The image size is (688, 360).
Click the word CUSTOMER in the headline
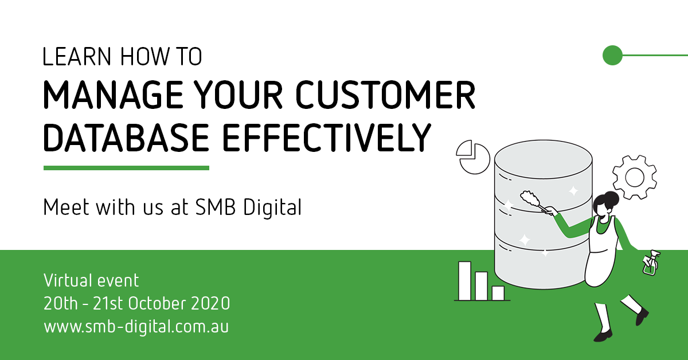(x=385, y=95)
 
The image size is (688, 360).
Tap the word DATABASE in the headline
(x=126, y=138)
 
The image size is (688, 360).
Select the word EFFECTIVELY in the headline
(x=327, y=138)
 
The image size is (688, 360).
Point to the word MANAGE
(x=113, y=95)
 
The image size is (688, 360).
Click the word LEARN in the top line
(x=77, y=57)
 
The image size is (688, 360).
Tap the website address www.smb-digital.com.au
(x=136, y=326)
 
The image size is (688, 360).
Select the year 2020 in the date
(x=210, y=303)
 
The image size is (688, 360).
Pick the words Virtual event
(x=91, y=280)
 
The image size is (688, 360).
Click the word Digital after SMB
(x=272, y=208)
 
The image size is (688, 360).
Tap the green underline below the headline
(x=126, y=168)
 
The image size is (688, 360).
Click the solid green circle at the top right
(x=612, y=55)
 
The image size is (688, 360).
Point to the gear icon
(x=635, y=177)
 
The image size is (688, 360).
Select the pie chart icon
(x=473, y=157)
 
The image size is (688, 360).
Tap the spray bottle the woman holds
(x=651, y=263)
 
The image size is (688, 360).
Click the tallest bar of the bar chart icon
(x=465, y=281)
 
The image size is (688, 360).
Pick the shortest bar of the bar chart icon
(x=498, y=293)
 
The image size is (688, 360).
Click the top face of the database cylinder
(x=544, y=159)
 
